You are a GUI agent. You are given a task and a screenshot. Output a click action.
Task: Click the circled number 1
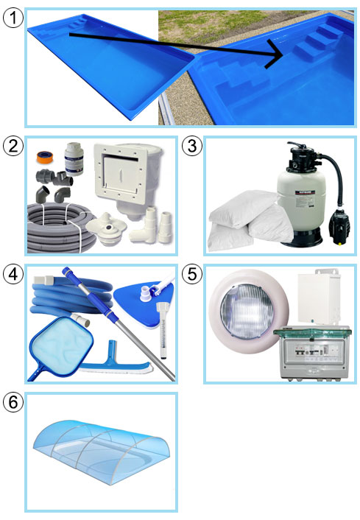click(x=13, y=18)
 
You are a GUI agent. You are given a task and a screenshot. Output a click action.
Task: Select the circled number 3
click(x=192, y=146)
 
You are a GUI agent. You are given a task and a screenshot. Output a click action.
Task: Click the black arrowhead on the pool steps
click(x=275, y=54)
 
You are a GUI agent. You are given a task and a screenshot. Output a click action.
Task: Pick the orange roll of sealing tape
click(x=43, y=156)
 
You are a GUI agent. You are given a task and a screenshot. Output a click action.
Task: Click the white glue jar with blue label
click(x=74, y=159)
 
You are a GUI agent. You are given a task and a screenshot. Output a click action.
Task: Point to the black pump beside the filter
click(x=339, y=226)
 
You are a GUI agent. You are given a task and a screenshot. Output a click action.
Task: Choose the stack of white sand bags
click(x=249, y=220)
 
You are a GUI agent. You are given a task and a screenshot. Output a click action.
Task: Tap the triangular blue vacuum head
click(x=144, y=293)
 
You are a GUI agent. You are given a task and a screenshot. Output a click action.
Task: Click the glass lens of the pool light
click(x=247, y=310)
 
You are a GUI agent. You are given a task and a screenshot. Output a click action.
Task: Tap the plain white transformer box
click(x=319, y=298)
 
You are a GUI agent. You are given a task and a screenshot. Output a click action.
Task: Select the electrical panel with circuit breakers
click(x=312, y=353)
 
